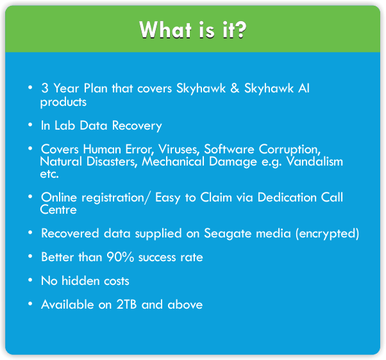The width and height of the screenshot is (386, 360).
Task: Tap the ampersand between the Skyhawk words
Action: [235, 88]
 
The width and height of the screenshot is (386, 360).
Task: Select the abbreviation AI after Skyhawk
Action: [304, 88]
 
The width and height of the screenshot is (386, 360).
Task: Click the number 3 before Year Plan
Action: [45, 88]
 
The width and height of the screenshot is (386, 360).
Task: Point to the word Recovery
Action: [137, 126]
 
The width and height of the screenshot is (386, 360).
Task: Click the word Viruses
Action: [179, 150]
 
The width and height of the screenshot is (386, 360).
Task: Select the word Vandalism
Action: [315, 162]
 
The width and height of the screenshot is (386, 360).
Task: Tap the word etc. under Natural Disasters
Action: [49, 174]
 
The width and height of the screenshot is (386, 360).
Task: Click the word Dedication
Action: [287, 198]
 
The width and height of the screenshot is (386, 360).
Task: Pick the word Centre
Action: [58, 210]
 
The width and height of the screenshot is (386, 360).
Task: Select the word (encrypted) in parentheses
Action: [327, 234]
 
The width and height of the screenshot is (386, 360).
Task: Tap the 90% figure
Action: [121, 257]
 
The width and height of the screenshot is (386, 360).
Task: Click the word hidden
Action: [81, 280]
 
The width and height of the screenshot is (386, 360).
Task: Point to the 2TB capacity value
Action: [126, 304]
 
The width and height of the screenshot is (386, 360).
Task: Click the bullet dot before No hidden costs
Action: [30, 280]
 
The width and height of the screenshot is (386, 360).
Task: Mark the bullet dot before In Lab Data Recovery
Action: [30, 124]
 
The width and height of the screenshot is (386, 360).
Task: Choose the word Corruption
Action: [290, 150]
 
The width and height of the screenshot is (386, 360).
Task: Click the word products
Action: [63, 102]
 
